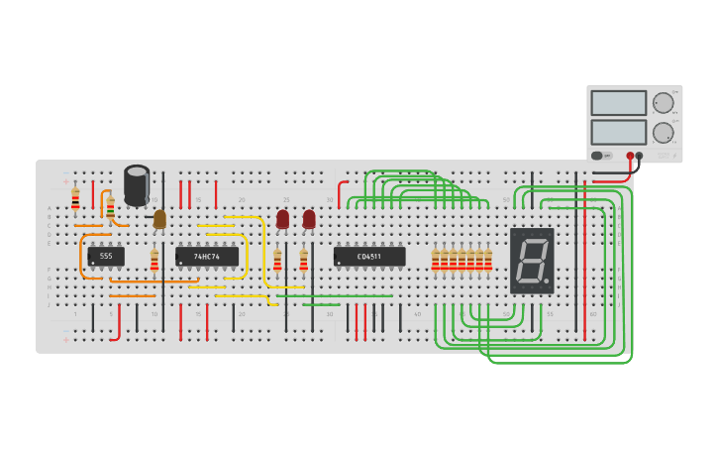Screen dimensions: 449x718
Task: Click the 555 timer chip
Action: (106, 257)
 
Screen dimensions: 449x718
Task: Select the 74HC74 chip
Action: (207, 257)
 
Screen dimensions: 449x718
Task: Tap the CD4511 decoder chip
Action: (369, 257)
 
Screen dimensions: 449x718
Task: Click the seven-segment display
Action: (532, 261)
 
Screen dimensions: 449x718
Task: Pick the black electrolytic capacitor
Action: (137, 185)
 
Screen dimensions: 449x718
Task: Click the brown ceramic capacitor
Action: (159, 219)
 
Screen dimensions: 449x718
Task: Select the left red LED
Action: (282, 219)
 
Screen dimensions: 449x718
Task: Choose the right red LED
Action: (309, 219)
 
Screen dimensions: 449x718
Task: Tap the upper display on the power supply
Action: (618, 103)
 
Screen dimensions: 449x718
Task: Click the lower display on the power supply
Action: (618, 132)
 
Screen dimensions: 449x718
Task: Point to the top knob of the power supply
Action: (663, 103)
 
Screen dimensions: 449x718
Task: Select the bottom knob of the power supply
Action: (663, 133)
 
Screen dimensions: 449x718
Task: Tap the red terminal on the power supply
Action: (630, 156)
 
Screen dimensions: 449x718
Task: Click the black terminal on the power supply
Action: (639, 156)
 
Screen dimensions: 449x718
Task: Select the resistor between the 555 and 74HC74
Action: (154, 261)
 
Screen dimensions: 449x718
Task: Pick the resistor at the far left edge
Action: (75, 199)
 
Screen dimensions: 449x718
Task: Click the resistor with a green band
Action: (110, 208)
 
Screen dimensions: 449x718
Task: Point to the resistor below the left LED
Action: (277, 261)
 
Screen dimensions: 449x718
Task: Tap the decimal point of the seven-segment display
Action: (547, 281)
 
